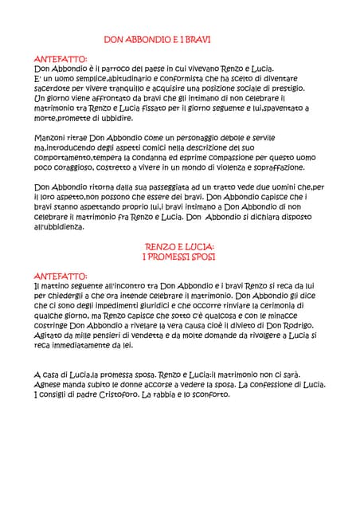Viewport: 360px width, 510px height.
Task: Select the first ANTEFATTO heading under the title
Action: [61, 59]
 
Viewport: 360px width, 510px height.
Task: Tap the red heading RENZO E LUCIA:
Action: [179, 248]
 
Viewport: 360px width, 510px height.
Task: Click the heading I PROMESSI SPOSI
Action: [179, 257]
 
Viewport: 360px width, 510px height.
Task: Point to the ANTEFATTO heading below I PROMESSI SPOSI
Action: [61, 276]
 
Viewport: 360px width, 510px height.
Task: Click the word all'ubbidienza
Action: [59, 226]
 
